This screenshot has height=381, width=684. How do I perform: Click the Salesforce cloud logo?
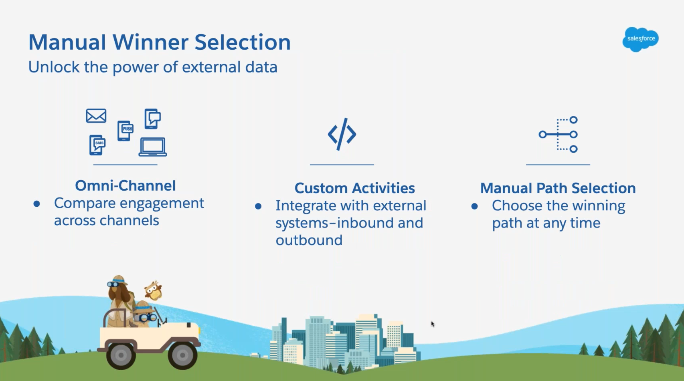click(640, 39)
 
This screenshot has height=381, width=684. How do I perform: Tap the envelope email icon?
click(96, 116)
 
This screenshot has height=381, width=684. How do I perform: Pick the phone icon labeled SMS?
click(97, 145)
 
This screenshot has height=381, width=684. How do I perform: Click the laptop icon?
click(153, 147)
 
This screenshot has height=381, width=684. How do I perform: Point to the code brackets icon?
click(342, 134)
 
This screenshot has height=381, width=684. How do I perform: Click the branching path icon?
click(558, 135)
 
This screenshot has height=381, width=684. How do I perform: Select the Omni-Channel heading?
click(125, 185)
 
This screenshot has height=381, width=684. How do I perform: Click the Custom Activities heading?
click(354, 188)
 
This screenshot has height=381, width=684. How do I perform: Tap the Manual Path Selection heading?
click(558, 188)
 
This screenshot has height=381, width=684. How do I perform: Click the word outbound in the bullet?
click(309, 240)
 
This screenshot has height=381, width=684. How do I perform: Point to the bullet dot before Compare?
click(37, 204)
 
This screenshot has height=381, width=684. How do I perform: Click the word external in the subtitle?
click(211, 67)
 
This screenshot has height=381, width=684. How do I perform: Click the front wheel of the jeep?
click(182, 355)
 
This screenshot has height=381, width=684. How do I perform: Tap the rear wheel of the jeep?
click(121, 355)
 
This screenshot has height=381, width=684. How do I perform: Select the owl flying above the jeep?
click(153, 290)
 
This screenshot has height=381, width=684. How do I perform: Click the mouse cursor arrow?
click(433, 324)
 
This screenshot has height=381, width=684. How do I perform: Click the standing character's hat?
click(118, 280)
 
